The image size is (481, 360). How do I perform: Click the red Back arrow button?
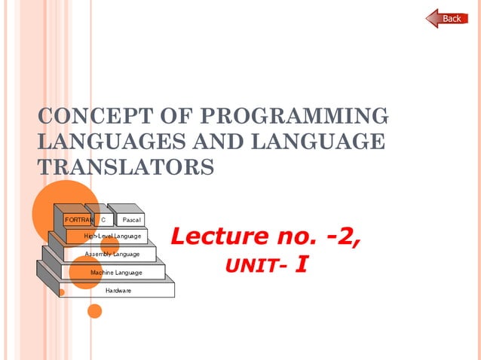pyautogui.click(x=447, y=18)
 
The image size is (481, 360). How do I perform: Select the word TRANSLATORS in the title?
pyautogui.click(x=126, y=166)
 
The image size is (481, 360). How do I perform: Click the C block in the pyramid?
pyautogui.click(x=103, y=219)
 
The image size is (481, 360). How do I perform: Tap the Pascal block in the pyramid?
pyautogui.click(x=131, y=219)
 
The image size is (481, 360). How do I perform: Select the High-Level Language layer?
pyautogui.click(x=112, y=236)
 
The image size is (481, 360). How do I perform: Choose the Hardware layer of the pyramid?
pyautogui.click(x=118, y=290)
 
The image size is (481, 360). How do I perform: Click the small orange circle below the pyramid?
pyautogui.click(x=94, y=310)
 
